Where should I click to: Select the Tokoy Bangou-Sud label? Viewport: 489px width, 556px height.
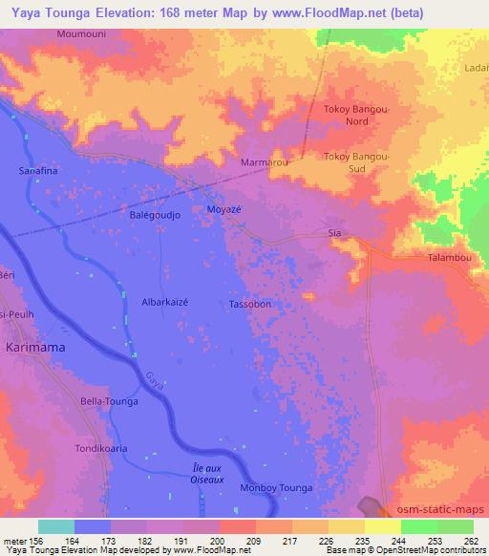coord(357,162)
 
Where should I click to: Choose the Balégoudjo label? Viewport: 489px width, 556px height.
coord(156,215)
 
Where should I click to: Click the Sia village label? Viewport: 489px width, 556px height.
coord(334,232)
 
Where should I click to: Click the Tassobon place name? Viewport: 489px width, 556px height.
coord(251,305)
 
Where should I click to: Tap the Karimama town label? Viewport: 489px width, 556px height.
coord(35,348)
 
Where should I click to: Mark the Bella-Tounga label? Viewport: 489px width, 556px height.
coord(109,401)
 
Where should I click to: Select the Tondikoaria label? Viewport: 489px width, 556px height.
coord(102,445)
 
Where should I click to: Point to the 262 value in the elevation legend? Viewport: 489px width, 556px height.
coord(471,542)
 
